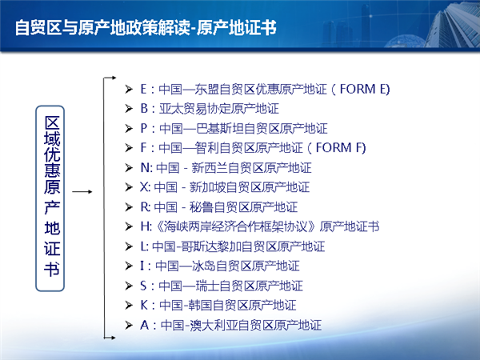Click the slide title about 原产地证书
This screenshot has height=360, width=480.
pos(146,27)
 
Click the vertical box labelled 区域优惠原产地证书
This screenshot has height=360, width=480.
pos(50,198)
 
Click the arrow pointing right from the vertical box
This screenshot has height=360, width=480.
pos(82,192)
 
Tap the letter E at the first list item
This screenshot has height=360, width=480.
pos(143,89)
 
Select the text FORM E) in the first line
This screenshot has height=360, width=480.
pos(365,89)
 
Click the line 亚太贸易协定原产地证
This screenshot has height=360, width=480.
pos(219,109)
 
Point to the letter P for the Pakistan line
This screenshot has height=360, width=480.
pos(143,128)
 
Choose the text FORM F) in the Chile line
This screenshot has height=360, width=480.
pos(341,148)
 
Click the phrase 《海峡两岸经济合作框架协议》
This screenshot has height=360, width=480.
pos(236,227)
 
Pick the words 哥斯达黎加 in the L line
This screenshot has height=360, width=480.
pos(211,246)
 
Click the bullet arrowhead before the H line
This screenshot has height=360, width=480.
pos(129,227)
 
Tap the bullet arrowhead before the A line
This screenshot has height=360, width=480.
pos(129,325)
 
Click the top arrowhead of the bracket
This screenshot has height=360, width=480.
pos(114,78)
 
